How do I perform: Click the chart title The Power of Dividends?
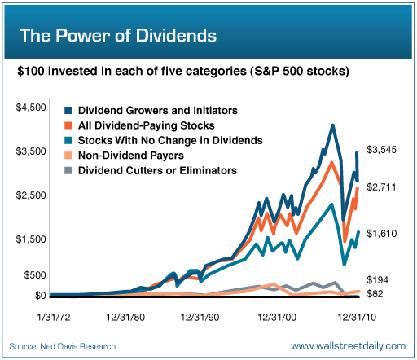coord(118,35)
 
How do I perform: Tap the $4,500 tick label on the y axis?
coord(31,108)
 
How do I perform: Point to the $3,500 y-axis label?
coord(31,151)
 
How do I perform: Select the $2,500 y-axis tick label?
coord(31,195)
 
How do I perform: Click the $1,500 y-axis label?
coord(31,239)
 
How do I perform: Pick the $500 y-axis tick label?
coord(35,275)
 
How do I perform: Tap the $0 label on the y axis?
coord(41,296)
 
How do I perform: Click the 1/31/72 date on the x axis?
coord(54,317)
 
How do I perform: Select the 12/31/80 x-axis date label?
coord(125,317)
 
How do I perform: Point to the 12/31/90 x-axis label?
coord(200,317)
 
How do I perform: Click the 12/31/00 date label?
coord(277,317)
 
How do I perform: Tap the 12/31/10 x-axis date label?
coord(357,317)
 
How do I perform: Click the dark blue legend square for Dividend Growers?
coord(68,111)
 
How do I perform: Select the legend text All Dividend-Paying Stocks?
coord(147,125)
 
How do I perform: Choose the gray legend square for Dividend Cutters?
coord(68,171)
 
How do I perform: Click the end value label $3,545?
coord(381,150)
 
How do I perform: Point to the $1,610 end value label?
coord(381,234)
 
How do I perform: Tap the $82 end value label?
coord(375,294)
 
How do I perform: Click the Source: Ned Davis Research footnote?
coord(63,346)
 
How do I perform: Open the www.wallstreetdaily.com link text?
coord(349,346)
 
